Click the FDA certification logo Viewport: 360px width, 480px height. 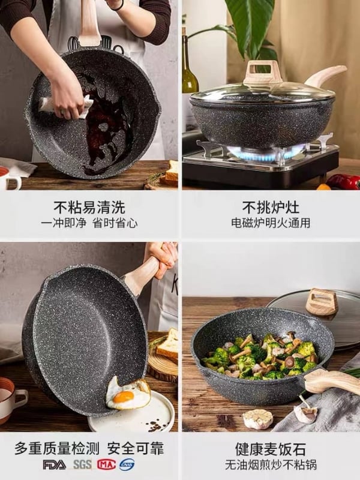(x=54, y=464)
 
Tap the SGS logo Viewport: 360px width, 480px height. (x=82, y=464)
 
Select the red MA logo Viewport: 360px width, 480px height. (x=107, y=464)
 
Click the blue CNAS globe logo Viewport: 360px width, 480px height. (x=127, y=464)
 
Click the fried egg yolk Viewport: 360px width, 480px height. (x=124, y=397)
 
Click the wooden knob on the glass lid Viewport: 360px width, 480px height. (x=262, y=72)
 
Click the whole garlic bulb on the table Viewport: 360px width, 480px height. (x=258, y=419)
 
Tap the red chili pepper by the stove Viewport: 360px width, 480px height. (x=343, y=182)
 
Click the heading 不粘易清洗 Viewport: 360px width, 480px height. (x=89, y=207)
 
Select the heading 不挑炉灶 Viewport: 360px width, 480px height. (x=271, y=207)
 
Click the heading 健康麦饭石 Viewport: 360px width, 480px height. (x=271, y=449)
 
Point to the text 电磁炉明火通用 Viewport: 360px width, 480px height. (x=271, y=223)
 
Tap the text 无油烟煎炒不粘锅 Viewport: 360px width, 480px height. (x=271, y=464)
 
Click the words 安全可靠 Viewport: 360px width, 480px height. (x=136, y=449)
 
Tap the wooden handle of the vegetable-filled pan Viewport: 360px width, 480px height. (x=332, y=381)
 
